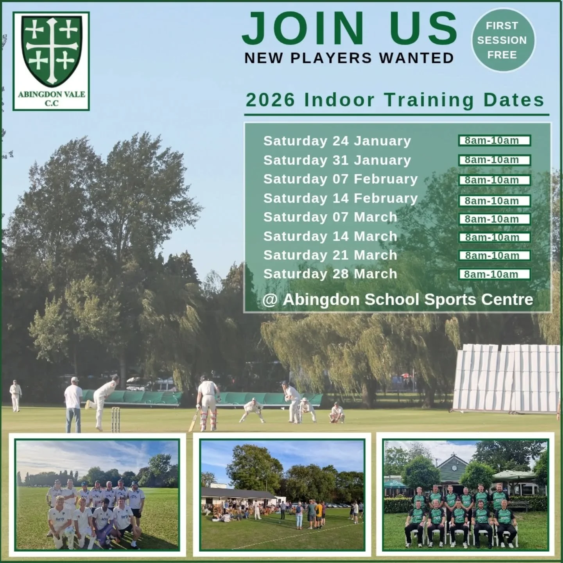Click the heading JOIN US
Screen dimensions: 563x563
pyautogui.click(x=349, y=29)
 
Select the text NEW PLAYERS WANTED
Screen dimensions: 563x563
pyautogui.click(x=349, y=58)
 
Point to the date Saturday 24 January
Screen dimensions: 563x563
pyautogui.click(x=337, y=141)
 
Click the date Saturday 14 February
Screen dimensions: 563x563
pyautogui.click(x=341, y=198)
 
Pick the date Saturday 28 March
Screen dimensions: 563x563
pyautogui.click(x=330, y=274)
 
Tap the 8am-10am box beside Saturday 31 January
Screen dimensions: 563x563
pyautogui.click(x=494, y=160)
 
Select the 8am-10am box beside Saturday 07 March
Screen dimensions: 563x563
pyautogui.click(x=494, y=219)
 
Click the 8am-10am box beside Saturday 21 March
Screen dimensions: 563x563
pyautogui.click(x=494, y=256)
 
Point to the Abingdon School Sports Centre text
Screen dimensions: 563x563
pyautogui.click(x=398, y=299)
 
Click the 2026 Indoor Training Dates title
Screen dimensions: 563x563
pyautogui.click(x=395, y=100)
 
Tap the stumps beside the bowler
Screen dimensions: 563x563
pyautogui.click(x=115, y=419)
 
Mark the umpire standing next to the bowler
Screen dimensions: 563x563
pyautogui.click(x=73, y=405)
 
